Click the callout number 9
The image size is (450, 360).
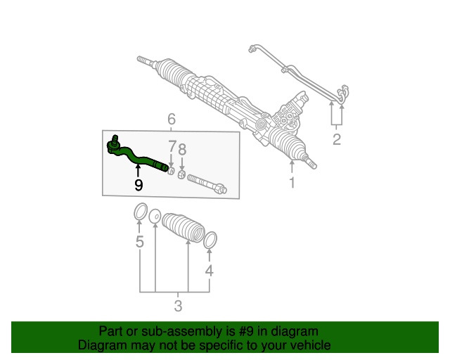139,185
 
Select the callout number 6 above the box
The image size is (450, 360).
172,119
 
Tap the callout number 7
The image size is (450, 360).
172,148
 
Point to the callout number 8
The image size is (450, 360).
182,149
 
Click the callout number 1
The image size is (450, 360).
292,184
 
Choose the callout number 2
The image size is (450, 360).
336,139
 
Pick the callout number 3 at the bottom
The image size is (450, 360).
178,307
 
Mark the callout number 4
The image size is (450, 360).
209,271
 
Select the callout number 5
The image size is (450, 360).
140,243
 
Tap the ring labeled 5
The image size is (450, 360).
140,212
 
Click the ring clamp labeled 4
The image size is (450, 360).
210,240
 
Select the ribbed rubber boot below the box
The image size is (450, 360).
183,229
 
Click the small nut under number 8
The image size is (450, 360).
181,174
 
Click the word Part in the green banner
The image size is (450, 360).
112,331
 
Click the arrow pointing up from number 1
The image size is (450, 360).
292,167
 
